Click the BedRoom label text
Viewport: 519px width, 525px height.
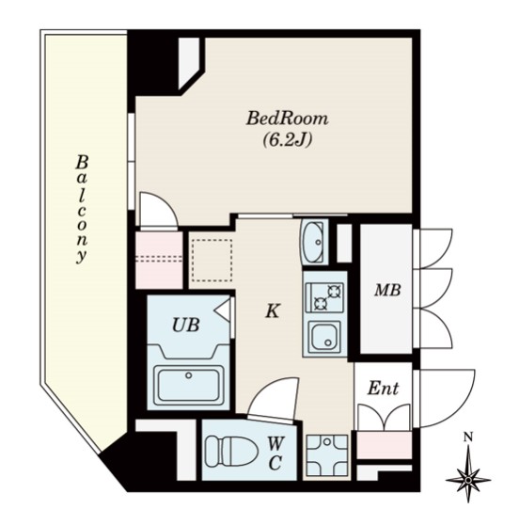(x=287, y=119)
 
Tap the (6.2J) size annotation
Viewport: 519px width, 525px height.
(x=288, y=139)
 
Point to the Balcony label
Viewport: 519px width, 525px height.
(x=81, y=209)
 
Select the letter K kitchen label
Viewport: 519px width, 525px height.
(x=273, y=311)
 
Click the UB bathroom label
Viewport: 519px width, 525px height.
(x=186, y=325)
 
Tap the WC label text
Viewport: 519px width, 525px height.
(x=275, y=453)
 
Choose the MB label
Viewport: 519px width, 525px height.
(x=387, y=290)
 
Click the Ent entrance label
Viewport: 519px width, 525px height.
(x=384, y=389)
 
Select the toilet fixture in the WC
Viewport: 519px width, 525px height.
(x=231, y=451)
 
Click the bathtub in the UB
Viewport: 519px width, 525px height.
(x=189, y=385)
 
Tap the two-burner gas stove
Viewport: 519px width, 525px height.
(x=324, y=297)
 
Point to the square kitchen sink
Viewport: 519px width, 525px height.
(x=324, y=337)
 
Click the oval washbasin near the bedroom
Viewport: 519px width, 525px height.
(x=313, y=241)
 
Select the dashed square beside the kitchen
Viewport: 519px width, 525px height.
(x=212, y=261)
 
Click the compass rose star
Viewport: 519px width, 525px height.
(x=468, y=480)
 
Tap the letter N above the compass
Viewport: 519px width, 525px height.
(x=468, y=437)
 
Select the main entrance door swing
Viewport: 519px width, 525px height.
(x=445, y=398)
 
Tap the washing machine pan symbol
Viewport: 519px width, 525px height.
(x=327, y=454)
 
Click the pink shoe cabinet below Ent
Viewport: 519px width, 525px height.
(x=385, y=445)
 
